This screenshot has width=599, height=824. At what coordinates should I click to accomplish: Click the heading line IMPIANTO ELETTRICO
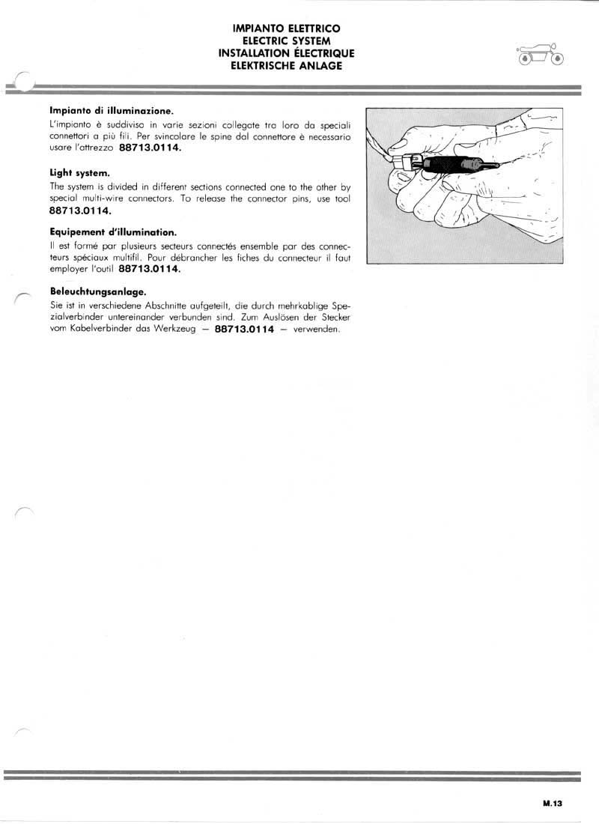click(x=287, y=28)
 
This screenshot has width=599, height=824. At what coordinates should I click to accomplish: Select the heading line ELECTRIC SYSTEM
click(x=287, y=40)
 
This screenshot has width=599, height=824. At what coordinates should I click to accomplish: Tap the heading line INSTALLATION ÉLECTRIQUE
click(x=287, y=53)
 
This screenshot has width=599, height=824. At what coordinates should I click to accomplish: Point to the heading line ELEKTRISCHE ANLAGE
click(x=287, y=65)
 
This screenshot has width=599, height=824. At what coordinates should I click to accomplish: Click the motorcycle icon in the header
click(x=540, y=55)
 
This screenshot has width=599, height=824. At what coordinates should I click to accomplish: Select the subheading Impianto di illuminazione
click(x=112, y=111)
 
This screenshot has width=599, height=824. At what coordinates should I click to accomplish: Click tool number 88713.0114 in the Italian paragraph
click(x=150, y=148)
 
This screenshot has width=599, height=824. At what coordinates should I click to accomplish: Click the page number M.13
click(x=553, y=802)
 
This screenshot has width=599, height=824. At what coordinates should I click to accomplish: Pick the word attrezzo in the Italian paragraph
click(x=97, y=148)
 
